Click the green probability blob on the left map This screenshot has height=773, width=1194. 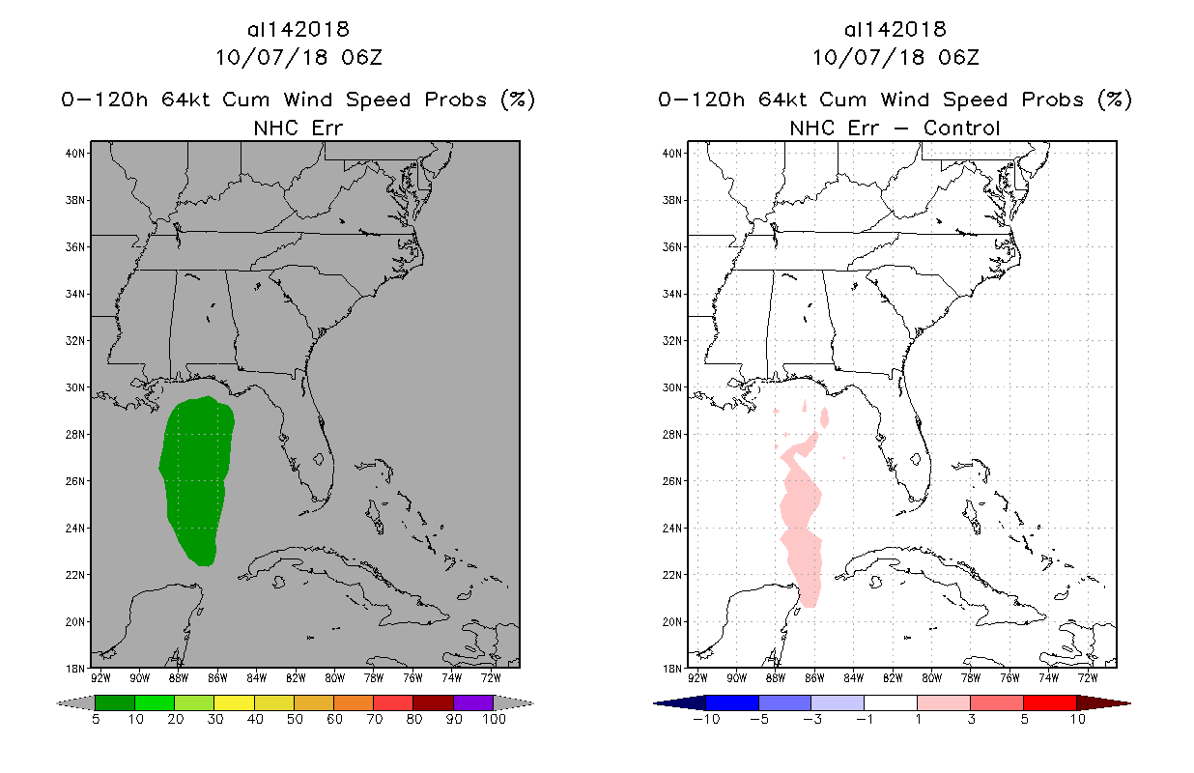(x=197, y=478)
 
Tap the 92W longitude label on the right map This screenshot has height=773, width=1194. (x=697, y=676)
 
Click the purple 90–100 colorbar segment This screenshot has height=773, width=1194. (x=473, y=702)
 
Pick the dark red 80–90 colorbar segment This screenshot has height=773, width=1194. (x=434, y=702)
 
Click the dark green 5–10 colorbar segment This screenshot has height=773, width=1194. (x=115, y=702)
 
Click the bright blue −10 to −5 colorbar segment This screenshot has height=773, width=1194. (x=733, y=702)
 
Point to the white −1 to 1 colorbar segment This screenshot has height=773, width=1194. (x=891, y=702)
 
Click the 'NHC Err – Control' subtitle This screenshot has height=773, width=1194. (x=895, y=128)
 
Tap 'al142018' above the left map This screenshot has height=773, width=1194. (x=298, y=30)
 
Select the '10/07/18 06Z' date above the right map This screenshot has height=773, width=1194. (x=895, y=57)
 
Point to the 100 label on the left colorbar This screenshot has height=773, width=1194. (x=494, y=719)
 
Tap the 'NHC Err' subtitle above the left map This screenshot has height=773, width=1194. (x=298, y=128)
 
